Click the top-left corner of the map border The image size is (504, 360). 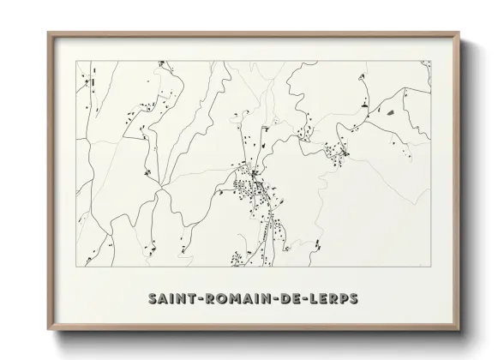point(75,61)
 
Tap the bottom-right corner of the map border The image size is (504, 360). point(430,267)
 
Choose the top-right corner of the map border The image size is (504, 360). point(430,61)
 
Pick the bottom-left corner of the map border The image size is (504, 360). point(75,267)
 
